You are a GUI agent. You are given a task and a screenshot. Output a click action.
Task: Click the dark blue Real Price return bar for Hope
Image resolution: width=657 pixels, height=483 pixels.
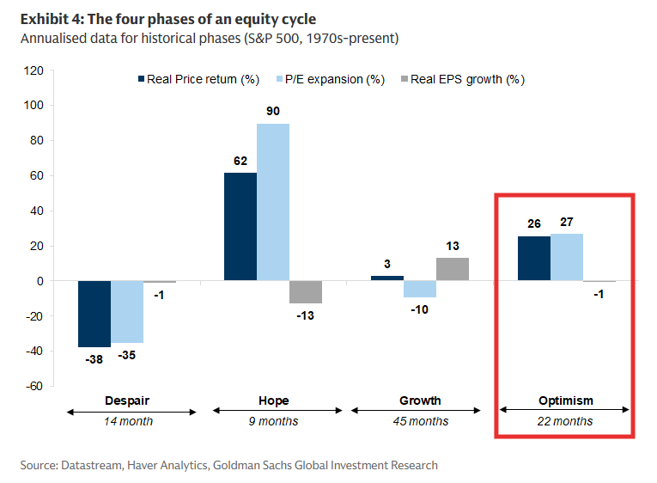coord(240,227)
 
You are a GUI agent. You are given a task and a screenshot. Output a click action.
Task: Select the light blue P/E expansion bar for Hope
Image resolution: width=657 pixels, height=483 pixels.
coord(273,202)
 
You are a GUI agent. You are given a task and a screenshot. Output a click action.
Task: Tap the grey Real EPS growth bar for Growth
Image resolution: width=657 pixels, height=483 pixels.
coord(453,269)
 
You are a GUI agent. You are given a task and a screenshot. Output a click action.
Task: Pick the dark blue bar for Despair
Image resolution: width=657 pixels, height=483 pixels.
coord(94,314)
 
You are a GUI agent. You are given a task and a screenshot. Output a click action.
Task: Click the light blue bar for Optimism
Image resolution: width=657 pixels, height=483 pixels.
coord(567,257)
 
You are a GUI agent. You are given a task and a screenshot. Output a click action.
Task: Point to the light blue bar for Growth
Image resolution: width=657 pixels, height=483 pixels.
coord(420,289)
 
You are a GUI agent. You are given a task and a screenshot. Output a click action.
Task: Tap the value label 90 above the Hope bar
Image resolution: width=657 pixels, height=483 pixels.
coord(273,111)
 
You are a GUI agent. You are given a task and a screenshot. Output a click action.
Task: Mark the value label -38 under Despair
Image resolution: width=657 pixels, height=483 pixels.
coord(94,359)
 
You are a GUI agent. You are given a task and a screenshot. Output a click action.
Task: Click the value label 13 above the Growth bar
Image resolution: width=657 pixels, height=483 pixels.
coord(453,246)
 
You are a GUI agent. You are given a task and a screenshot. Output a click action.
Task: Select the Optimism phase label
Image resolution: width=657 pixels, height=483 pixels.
coord(566,400)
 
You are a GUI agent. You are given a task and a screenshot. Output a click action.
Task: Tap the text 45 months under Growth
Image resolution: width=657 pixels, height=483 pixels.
coord(420,422)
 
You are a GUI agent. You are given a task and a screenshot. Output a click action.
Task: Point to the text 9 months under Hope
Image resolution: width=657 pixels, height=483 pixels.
coord(273,422)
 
